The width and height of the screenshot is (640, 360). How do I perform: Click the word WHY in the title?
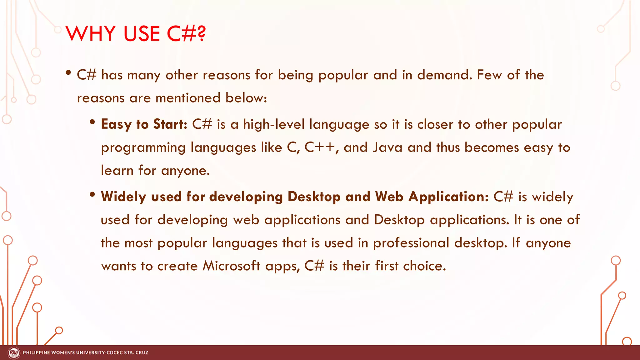click(x=91, y=33)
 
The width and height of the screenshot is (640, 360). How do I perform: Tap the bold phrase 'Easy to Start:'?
click(x=144, y=124)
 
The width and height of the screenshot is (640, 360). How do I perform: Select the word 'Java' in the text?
click(x=387, y=147)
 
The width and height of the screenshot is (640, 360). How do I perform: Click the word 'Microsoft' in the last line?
click(x=231, y=266)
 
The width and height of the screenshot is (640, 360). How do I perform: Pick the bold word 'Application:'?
click(x=448, y=197)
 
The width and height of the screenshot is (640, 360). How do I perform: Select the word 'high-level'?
click(x=274, y=124)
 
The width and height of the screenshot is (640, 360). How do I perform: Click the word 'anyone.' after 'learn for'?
click(x=185, y=171)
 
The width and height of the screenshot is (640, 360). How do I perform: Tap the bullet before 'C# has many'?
click(x=68, y=73)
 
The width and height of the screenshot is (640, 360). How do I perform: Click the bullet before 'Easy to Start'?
click(x=92, y=122)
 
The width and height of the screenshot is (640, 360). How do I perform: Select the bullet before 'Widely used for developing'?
click(x=92, y=195)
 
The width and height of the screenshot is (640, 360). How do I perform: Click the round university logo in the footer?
click(x=14, y=353)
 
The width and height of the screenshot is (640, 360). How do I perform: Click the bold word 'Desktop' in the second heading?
click(x=314, y=197)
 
